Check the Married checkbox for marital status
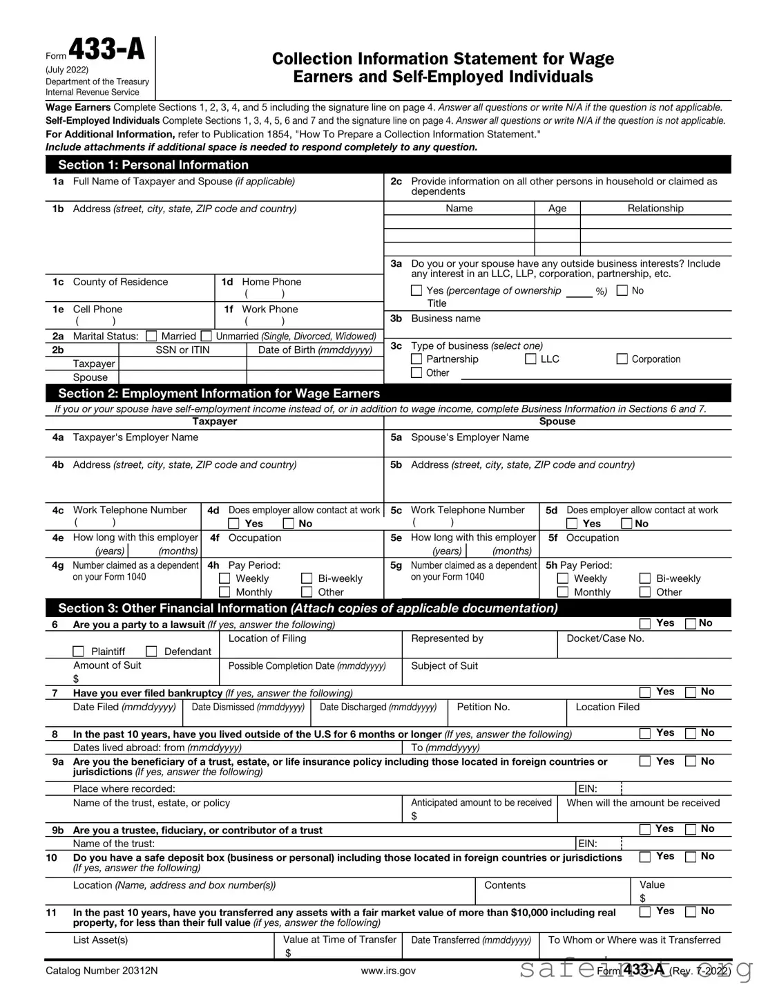[151, 336]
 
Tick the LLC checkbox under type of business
[530, 359]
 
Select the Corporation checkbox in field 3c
[622, 359]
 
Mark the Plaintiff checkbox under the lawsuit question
[79, 652]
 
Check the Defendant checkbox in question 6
[151, 652]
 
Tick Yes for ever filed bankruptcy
[645, 692]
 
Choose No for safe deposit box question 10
[691, 857]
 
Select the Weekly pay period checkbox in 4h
[224, 579]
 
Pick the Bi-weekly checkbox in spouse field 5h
[645, 579]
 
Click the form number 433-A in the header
[106, 50]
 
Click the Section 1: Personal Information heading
[153, 165]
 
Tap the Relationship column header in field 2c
[655, 209]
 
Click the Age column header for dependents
[557, 209]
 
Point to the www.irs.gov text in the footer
[388, 971]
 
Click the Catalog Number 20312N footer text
[102, 971]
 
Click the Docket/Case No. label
[605, 638]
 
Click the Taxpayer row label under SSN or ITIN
[94, 364]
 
